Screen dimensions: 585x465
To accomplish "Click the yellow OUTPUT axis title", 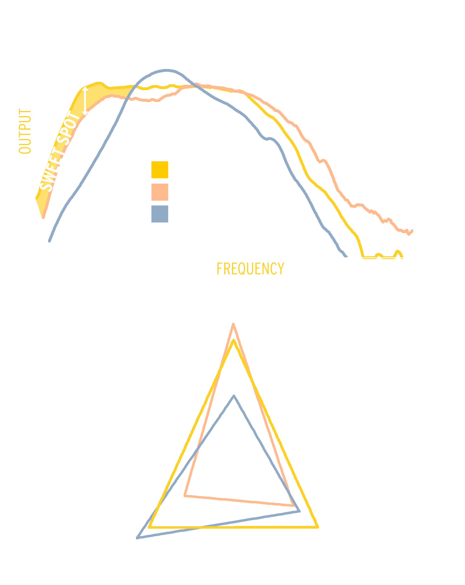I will (x=25, y=131).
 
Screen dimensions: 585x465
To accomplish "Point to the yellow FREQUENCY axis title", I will (x=250, y=269).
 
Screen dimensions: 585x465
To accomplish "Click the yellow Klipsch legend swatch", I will (x=159, y=170).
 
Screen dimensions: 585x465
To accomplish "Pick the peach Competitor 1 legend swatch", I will (x=159, y=192).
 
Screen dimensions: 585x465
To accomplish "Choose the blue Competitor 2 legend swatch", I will (x=159, y=214).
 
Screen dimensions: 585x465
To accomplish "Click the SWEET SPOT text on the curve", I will (x=60, y=152).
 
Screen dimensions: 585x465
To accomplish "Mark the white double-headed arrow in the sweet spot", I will (x=85, y=101).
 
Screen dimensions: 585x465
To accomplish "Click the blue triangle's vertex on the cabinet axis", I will (x=138, y=537).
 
